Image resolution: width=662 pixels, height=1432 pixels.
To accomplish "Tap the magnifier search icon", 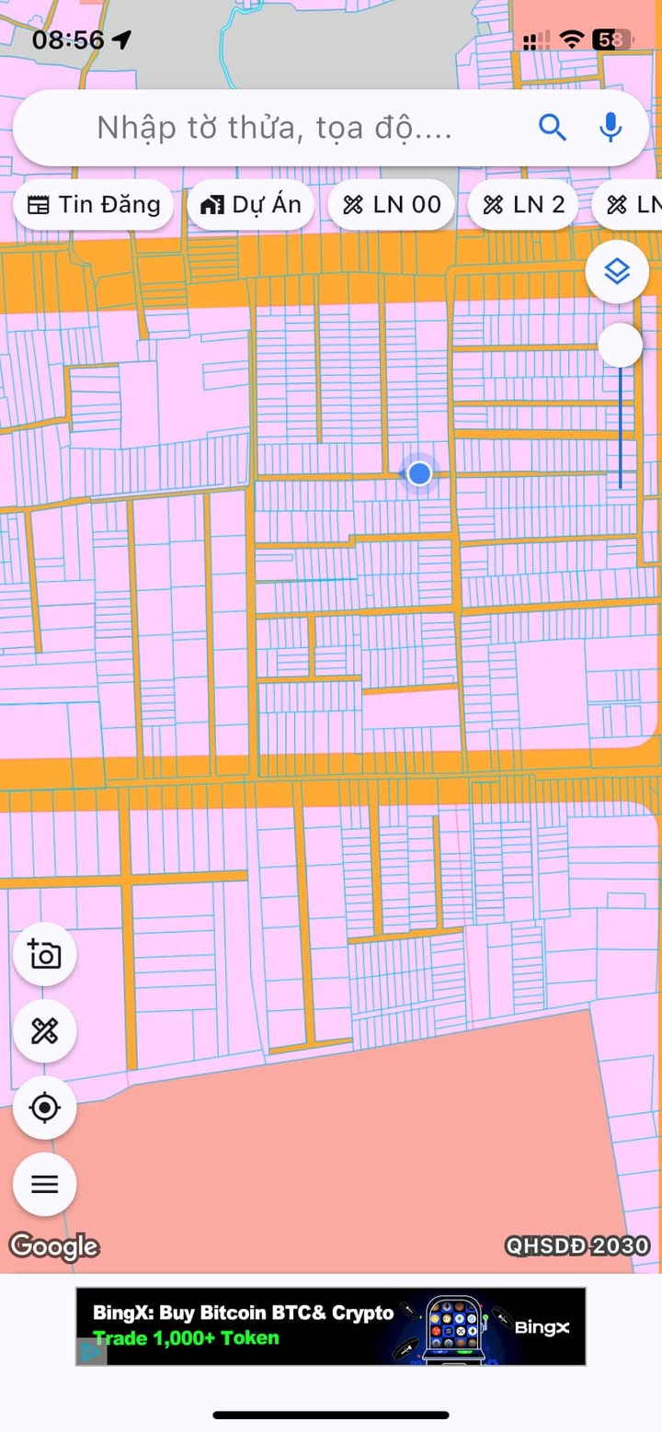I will pos(552,127).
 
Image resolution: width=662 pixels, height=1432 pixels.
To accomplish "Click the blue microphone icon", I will pos(611,127).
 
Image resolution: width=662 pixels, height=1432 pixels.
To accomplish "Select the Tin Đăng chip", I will pos(93,205).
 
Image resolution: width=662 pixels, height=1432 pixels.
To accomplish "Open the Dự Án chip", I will pos(251,205).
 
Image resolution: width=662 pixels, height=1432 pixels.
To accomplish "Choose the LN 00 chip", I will pos(392,205).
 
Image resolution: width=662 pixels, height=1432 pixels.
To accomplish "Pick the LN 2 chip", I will pos(522,205).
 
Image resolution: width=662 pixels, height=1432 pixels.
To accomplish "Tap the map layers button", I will pos(616,271).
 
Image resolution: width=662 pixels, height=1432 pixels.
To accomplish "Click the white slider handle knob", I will pos(620,346).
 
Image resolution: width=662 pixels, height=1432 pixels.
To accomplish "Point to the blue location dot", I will pos(419,473).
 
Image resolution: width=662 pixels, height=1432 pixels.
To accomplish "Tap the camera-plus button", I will pos(44,954).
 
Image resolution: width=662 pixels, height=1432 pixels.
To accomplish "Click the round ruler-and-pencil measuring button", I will pos(44,1031).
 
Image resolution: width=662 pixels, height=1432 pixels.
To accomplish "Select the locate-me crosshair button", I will pos(44,1108).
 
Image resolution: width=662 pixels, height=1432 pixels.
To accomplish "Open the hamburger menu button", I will pos(44,1184).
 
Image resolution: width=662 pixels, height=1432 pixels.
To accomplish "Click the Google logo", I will pos(54,1246).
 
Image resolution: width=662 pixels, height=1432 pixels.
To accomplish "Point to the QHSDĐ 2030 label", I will pos(577,1246).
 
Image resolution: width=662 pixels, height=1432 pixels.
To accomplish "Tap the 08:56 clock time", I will pos(68,40).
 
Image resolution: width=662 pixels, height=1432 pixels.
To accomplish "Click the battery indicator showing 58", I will pos(609,40).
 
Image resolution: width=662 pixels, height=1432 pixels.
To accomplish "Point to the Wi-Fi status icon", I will pos(572,40).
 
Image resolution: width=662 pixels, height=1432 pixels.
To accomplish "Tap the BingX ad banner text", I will pos(244,1324).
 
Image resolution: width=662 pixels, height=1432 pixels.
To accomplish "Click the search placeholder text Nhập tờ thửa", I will pos(274,128).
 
